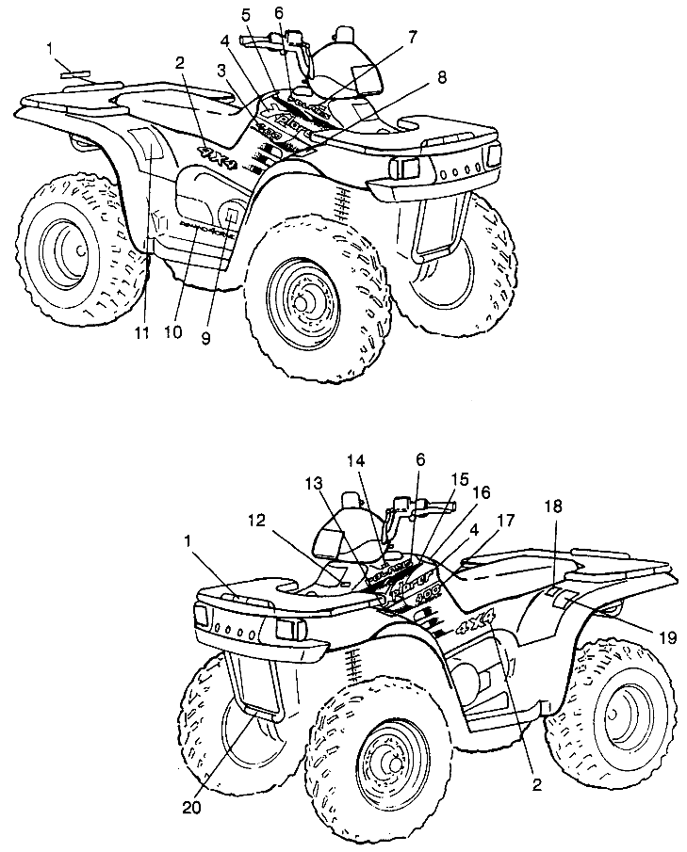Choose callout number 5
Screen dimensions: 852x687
(x=246, y=15)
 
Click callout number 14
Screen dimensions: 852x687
(x=355, y=462)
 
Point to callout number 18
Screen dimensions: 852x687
(x=553, y=506)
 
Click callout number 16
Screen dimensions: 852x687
(x=481, y=491)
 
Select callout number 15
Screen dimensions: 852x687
(x=459, y=479)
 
